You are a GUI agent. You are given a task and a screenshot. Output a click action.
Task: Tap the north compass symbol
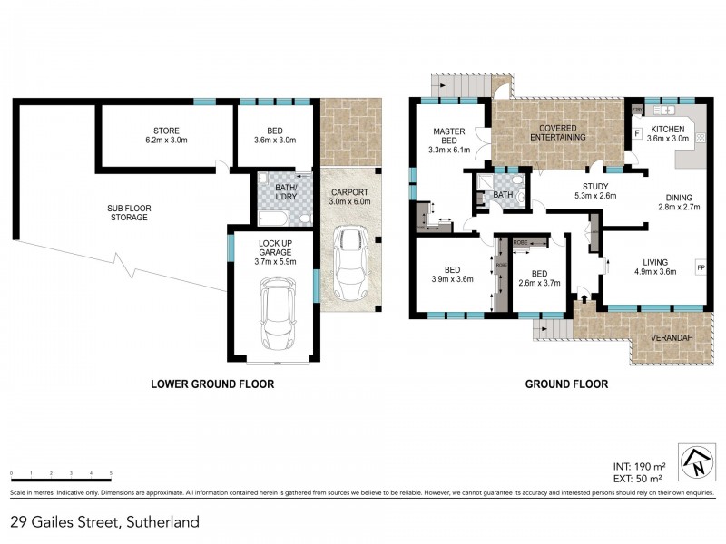click(697, 463)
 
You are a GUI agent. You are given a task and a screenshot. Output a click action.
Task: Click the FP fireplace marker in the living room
click(700, 267)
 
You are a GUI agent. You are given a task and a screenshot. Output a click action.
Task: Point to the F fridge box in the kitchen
click(637, 134)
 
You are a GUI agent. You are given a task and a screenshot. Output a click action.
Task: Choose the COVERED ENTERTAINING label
click(558, 132)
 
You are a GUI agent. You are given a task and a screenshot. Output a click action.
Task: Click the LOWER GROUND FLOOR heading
click(211, 384)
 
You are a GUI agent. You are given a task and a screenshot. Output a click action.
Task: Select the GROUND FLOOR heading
click(566, 384)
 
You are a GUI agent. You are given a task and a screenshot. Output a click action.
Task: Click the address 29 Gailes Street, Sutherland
click(104, 522)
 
